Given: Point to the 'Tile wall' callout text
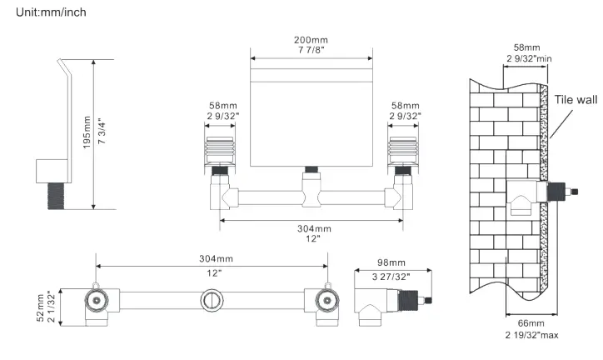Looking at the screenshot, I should pyautogui.click(x=576, y=99).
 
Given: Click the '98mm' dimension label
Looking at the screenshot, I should pyautogui.click(x=391, y=262).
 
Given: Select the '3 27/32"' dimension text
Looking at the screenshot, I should pyautogui.click(x=391, y=275).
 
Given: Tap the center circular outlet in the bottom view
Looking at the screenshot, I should pyautogui.click(x=212, y=299).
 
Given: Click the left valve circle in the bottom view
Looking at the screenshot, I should pyautogui.click(x=97, y=299).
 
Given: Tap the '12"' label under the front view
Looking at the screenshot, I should pyautogui.click(x=312, y=238).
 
